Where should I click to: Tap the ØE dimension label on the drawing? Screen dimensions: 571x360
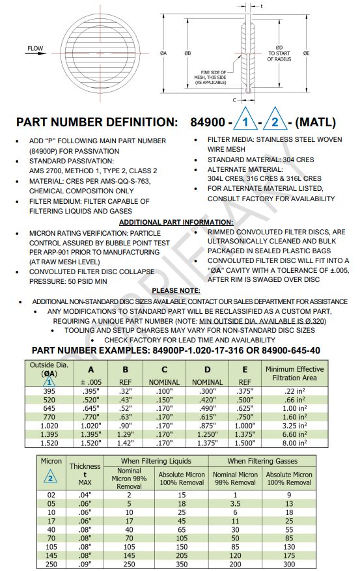pyautogui.click(x=306, y=52)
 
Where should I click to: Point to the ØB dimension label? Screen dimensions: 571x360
pyautogui.click(x=187, y=53)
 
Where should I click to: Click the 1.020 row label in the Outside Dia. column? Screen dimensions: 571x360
pyautogui.click(x=49, y=425)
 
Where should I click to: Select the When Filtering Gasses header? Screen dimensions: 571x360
pyautogui.click(x=263, y=461)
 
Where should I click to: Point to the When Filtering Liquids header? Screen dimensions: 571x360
pyautogui.click(x=156, y=461)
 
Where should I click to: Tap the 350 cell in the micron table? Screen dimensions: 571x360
pyautogui.click(x=182, y=564)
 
